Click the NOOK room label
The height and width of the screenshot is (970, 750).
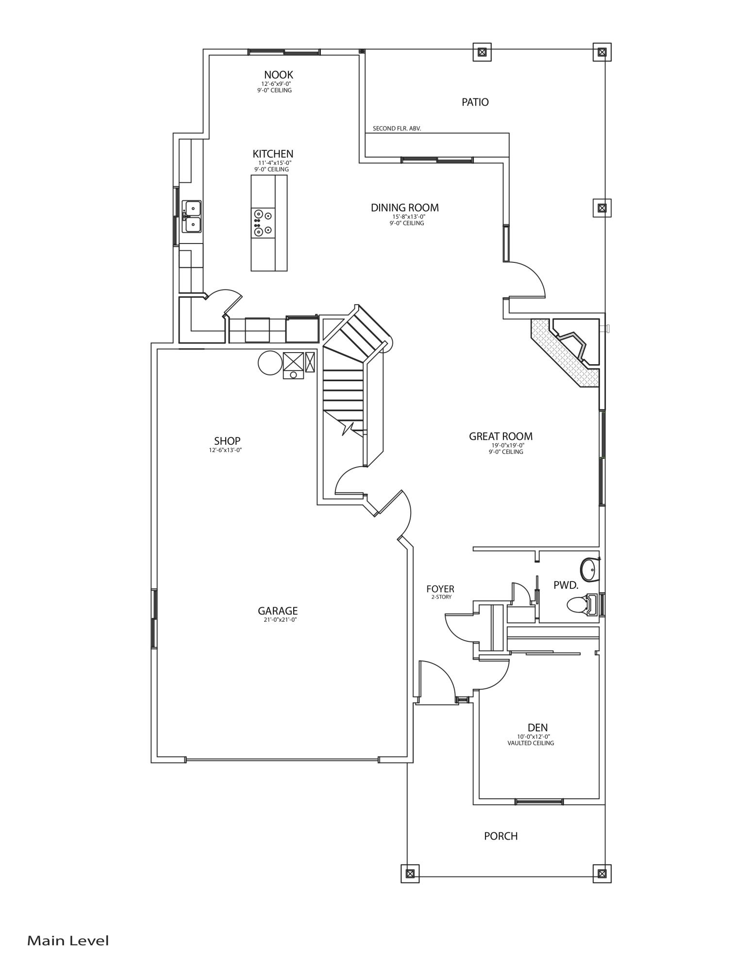click(x=278, y=75)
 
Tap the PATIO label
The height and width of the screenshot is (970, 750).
click(x=475, y=102)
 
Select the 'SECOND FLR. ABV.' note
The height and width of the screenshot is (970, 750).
click(x=396, y=129)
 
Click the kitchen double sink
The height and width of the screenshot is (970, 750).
click(x=192, y=216)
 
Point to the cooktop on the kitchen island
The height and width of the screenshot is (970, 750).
click(x=263, y=223)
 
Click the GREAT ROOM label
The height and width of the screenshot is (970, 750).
click(x=500, y=436)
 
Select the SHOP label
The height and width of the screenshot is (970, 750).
click(x=227, y=441)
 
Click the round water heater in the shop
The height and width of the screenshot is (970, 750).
click(x=269, y=363)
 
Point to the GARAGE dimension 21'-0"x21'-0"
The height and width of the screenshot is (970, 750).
click(x=277, y=619)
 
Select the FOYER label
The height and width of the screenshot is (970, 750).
click(x=440, y=589)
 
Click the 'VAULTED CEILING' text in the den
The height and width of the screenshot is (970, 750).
click(x=531, y=743)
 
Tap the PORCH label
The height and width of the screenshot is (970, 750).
click(x=500, y=836)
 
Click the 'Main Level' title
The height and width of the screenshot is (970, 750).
click(x=68, y=941)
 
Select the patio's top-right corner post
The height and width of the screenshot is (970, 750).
click(x=601, y=52)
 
